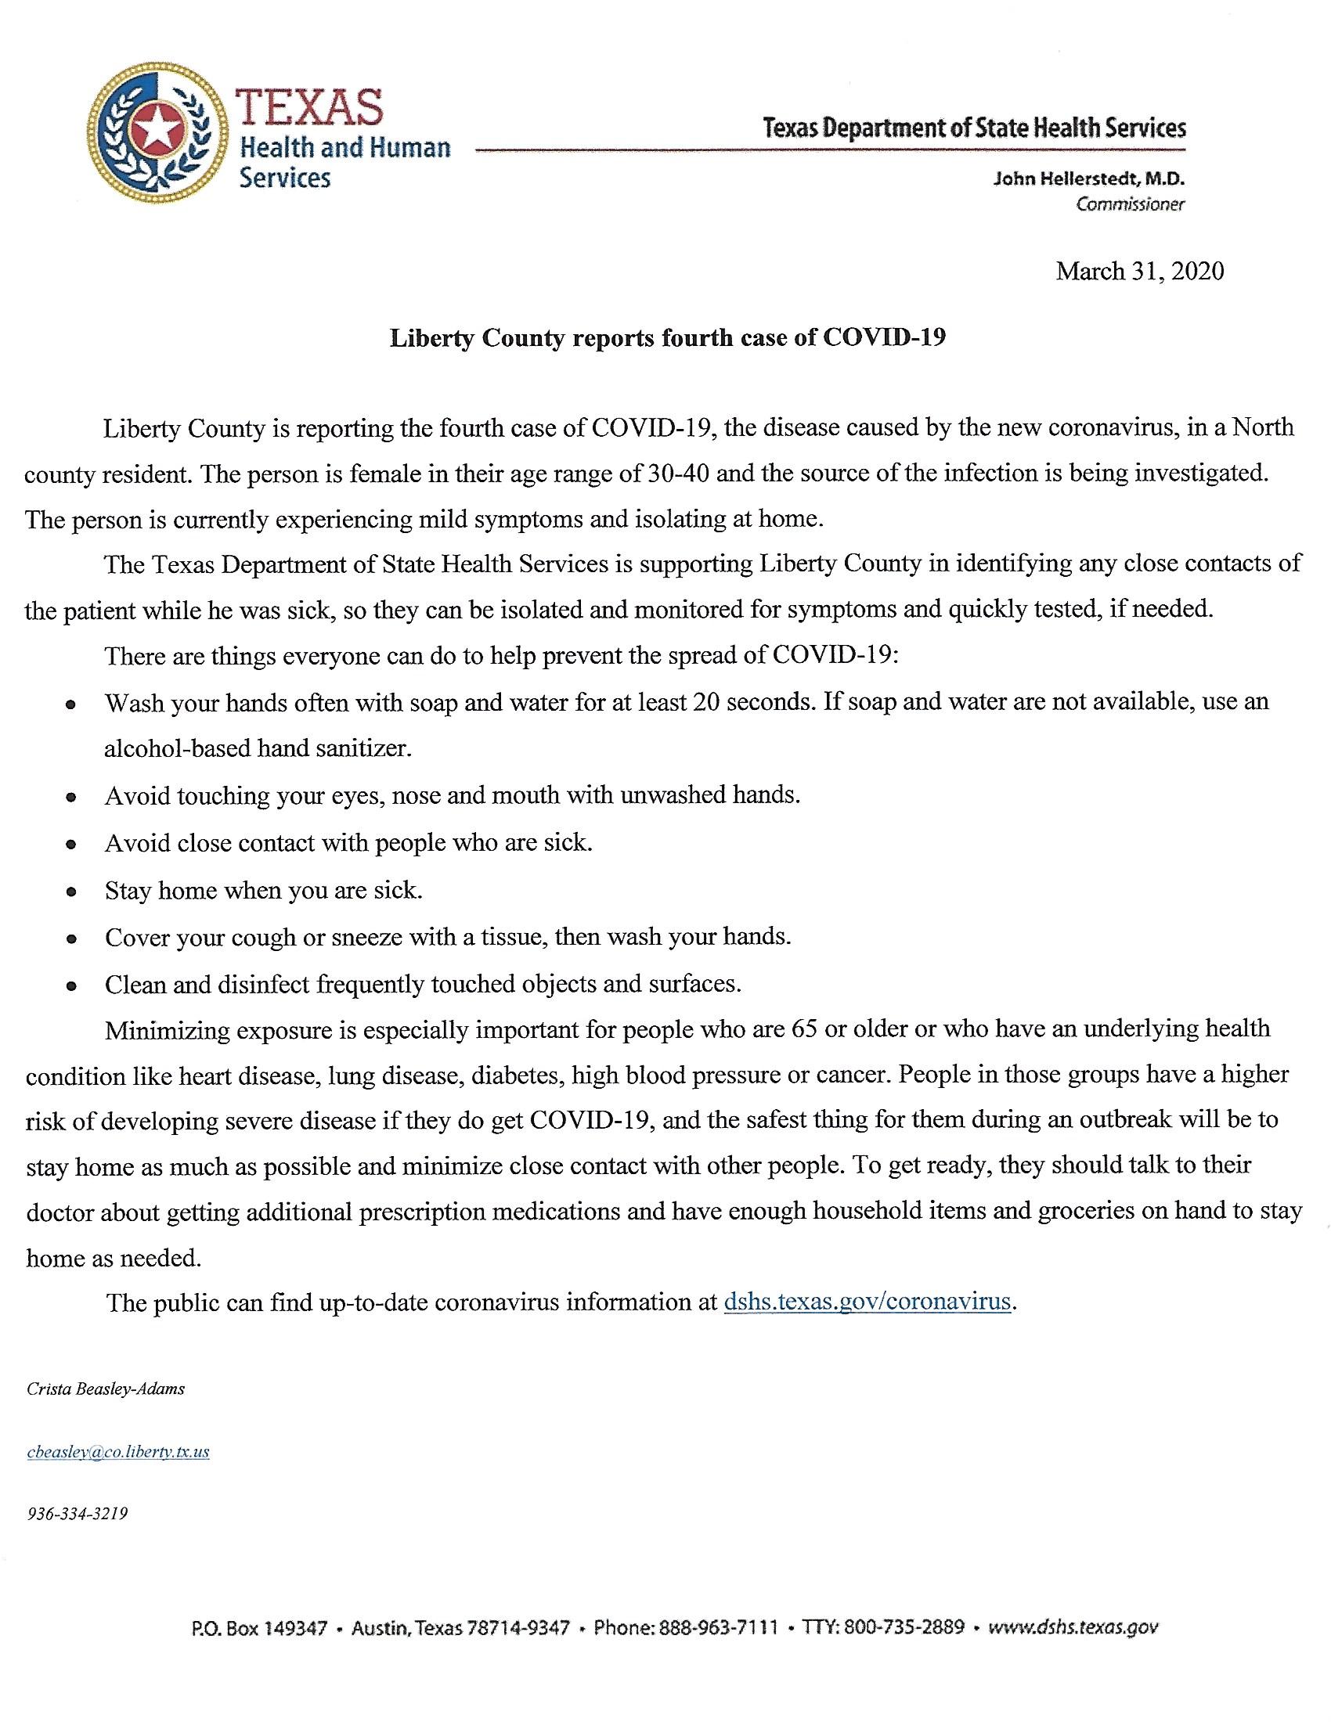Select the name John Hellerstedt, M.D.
pyautogui.click(x=1089, y=179)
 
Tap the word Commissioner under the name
pyautogui.click(x=1130, y=205)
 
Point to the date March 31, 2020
pyautogui.click(x=1139, y=272)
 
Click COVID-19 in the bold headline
pyautogui.click(x=884, y=338)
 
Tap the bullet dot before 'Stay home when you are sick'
pyautogui.click(x=72, y=892)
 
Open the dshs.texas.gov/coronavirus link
pyautogui.click(x=867, y=1301)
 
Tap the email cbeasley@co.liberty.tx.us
pyautogui.click(x=118, y=1451)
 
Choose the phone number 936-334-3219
pyautogui.click(x=78, y=1514)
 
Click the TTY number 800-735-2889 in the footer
pyautogui.click(x=904, y=1627)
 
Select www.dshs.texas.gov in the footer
pyautogui.click(x=1073, y=1627)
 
